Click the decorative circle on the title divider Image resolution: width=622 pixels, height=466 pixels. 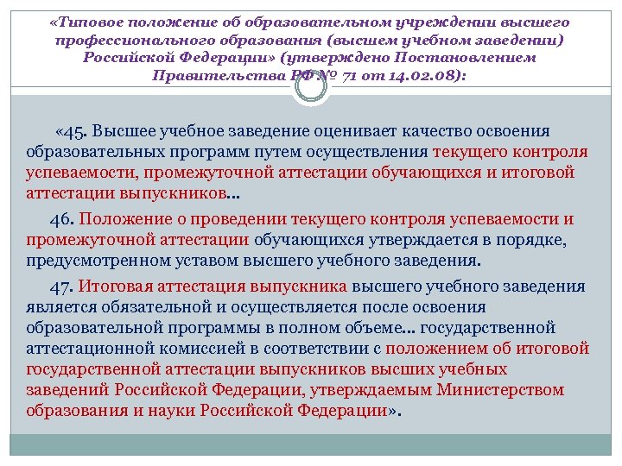pyautogui.click(x=310, y=86)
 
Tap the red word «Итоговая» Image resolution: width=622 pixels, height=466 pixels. pyautogui.click(x=118, y=287)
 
